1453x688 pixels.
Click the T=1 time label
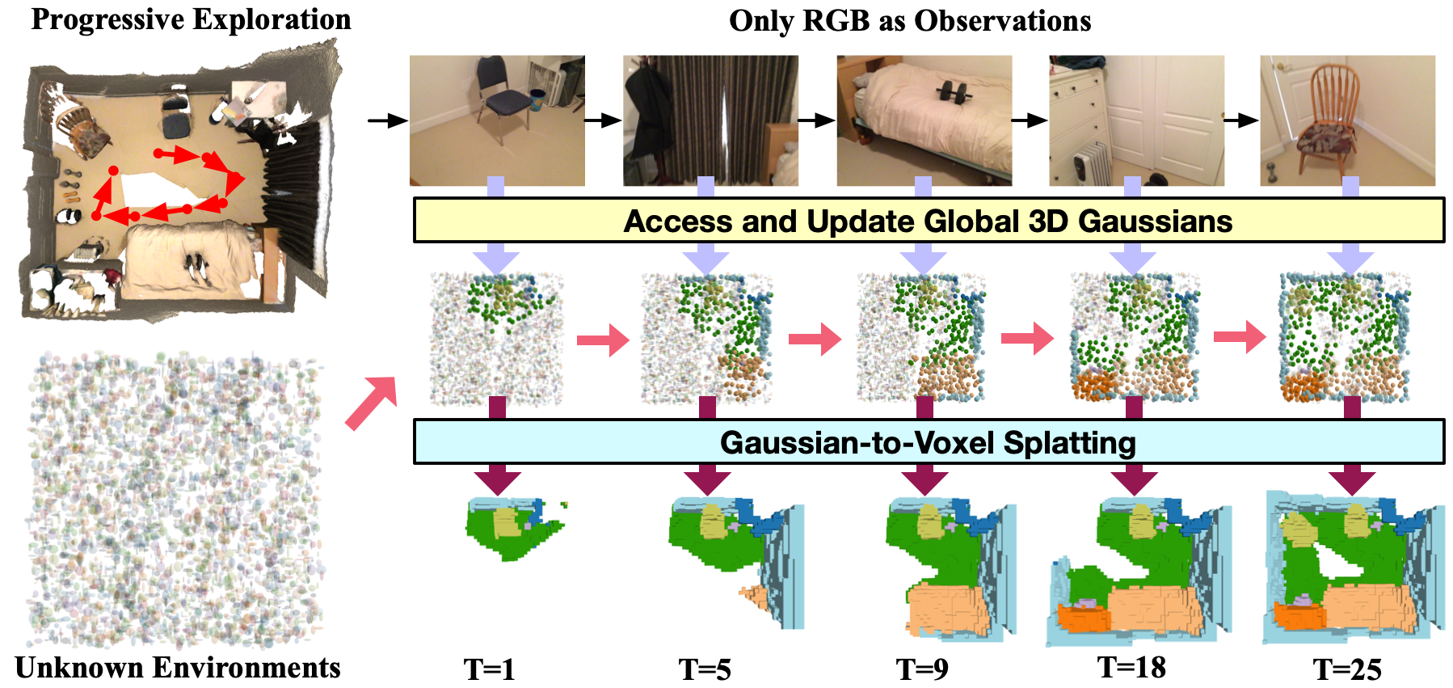click(x=489, y=669)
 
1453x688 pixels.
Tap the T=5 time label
click(x=705, y=669)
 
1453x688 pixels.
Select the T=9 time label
click(x=922, y=669)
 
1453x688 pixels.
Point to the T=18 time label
click(x=1131, y=668)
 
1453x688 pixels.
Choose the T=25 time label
click(x=1347, y=669)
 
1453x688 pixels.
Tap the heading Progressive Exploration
click(x=191, y=19)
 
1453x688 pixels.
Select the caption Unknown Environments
click(x=178, y=668)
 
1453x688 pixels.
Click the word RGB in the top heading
click(x=836, y=21)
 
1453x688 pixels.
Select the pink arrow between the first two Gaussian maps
click(x=603, y=340)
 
